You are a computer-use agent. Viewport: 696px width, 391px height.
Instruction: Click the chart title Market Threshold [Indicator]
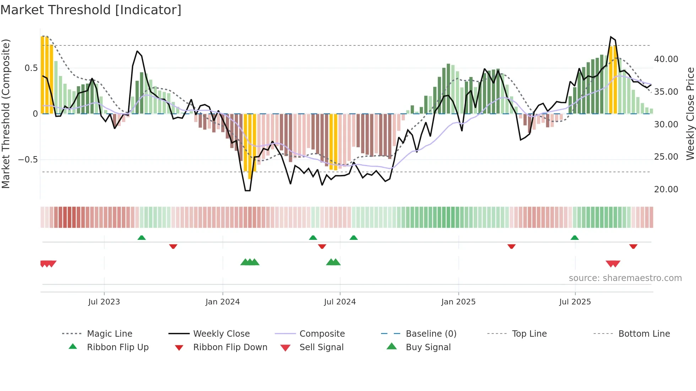[x=91, y=10]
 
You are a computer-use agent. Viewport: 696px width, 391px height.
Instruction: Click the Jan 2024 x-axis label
[x=223, y=302]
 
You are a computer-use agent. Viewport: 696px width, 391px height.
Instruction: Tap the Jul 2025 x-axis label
[x=575, y=302]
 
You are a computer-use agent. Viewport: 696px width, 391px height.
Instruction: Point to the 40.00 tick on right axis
[x=666, y=59]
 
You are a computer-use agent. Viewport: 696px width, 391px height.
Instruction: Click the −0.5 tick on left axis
[x=28, y=160]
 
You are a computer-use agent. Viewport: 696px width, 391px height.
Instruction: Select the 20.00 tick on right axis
[x=666, y=189]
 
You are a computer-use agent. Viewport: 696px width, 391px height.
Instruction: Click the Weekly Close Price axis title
[x=690, y=114]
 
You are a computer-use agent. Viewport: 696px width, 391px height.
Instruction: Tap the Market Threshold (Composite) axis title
[x=6, y=114]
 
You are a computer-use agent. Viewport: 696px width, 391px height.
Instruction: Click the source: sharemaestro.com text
[x=625, y=278]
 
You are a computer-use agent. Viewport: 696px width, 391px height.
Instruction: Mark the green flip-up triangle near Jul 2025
[x=575, y=238]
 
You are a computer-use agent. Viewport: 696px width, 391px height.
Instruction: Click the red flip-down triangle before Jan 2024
[x=173, y=246]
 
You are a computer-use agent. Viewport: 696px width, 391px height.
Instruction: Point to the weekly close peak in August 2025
[x=611, y=37]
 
